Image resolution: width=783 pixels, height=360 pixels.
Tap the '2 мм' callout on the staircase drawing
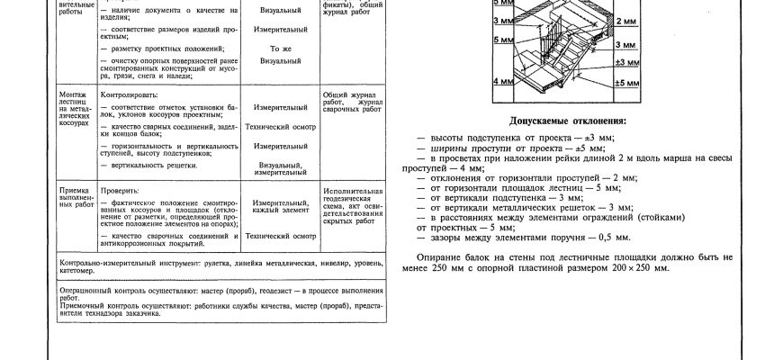pyautogui.click(x=626, y=20)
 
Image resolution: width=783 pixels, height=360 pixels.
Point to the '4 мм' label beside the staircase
pyautogui.click(x=502, y=81)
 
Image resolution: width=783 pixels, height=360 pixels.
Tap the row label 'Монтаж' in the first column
pyautogui.click(x=73, y=94)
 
